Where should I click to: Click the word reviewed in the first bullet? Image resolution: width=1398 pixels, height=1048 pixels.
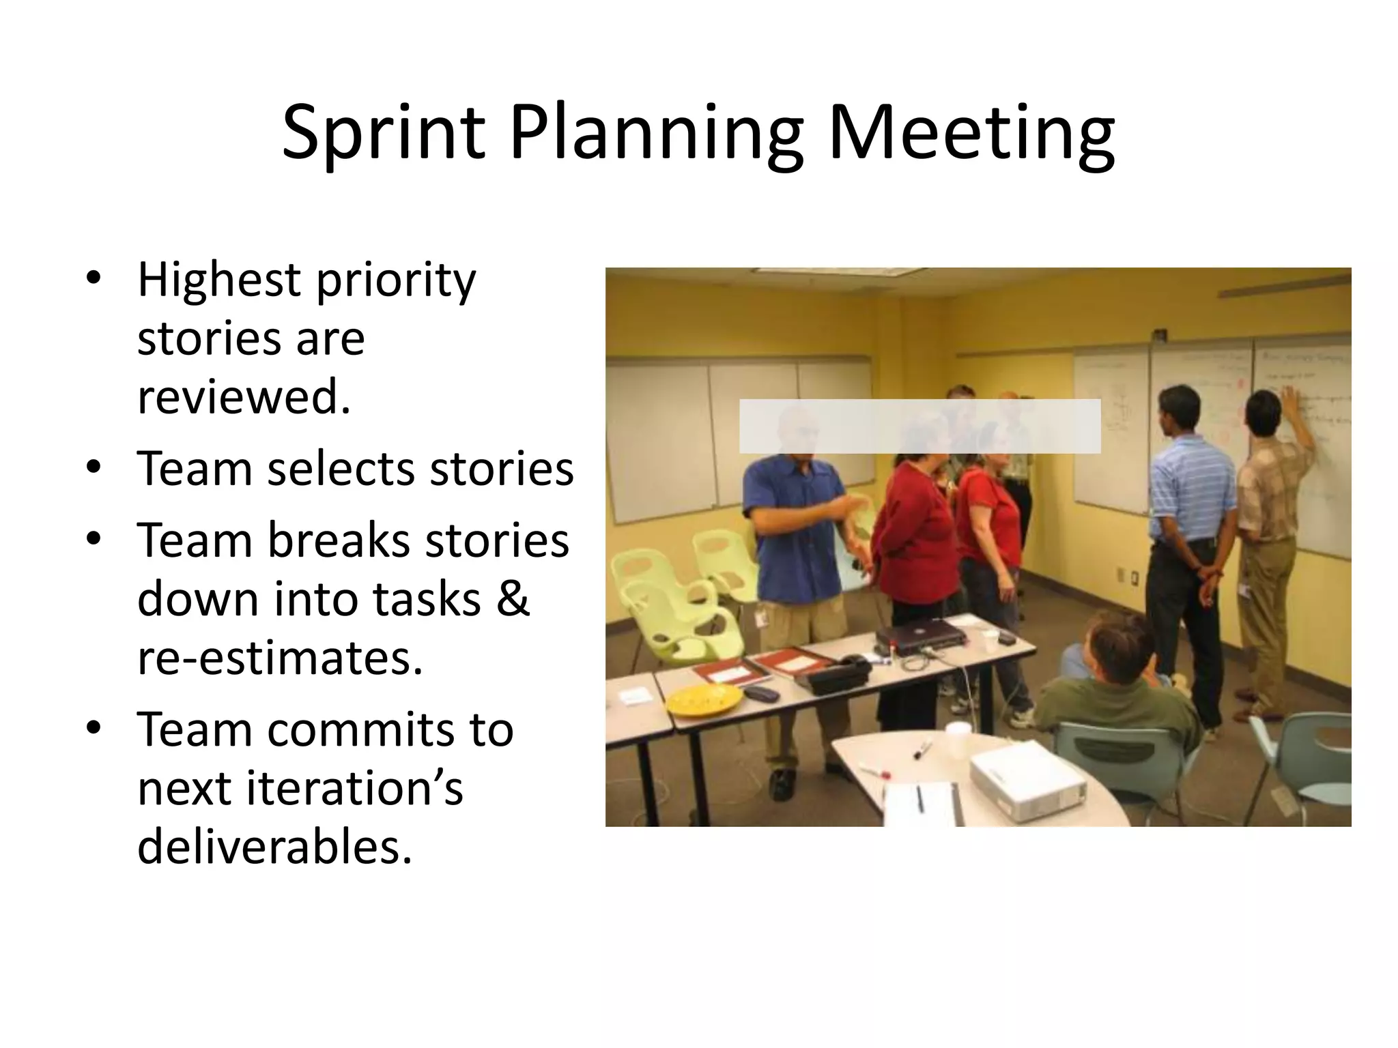click(x=244, y=396)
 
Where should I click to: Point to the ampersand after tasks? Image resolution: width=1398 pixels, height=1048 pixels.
click(x=513, y=598)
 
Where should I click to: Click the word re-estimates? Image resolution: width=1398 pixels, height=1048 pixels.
click(x=280, y=657)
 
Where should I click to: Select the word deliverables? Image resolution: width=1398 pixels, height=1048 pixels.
click(x=274, y=847)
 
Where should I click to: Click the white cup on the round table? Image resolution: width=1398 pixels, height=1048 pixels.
click(x=958, y=740)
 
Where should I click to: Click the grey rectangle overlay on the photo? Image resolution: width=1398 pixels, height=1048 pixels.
click(x=919, y=426)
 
